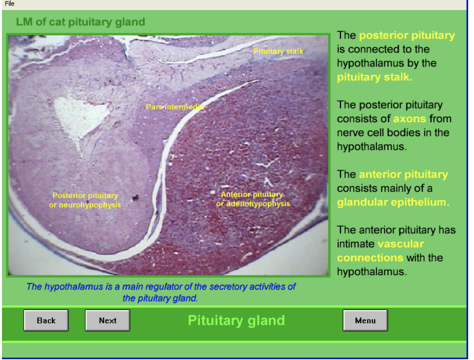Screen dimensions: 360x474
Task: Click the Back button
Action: click(46, 320)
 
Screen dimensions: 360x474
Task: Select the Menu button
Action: click(365, 320)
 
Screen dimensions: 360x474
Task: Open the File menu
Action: click(10, 3)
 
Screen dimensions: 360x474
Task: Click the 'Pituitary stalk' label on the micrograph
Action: click(278, 51)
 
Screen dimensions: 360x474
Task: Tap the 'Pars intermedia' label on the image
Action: click(175, 107)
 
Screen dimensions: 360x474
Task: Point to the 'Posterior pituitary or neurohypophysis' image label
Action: click(85, 200)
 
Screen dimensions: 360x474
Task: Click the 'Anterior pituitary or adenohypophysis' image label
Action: click(253, 199)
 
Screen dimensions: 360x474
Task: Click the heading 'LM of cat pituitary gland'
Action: click(81, 22)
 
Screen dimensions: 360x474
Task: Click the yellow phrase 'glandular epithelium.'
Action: click(393, 203)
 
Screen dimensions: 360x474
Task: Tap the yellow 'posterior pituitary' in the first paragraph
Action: click(407, 35)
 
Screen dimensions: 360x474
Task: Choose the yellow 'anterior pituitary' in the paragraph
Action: click(403, 174)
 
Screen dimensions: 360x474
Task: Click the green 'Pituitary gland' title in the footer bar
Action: click(236, 320)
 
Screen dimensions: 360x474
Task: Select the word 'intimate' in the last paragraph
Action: click(356, 244)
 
